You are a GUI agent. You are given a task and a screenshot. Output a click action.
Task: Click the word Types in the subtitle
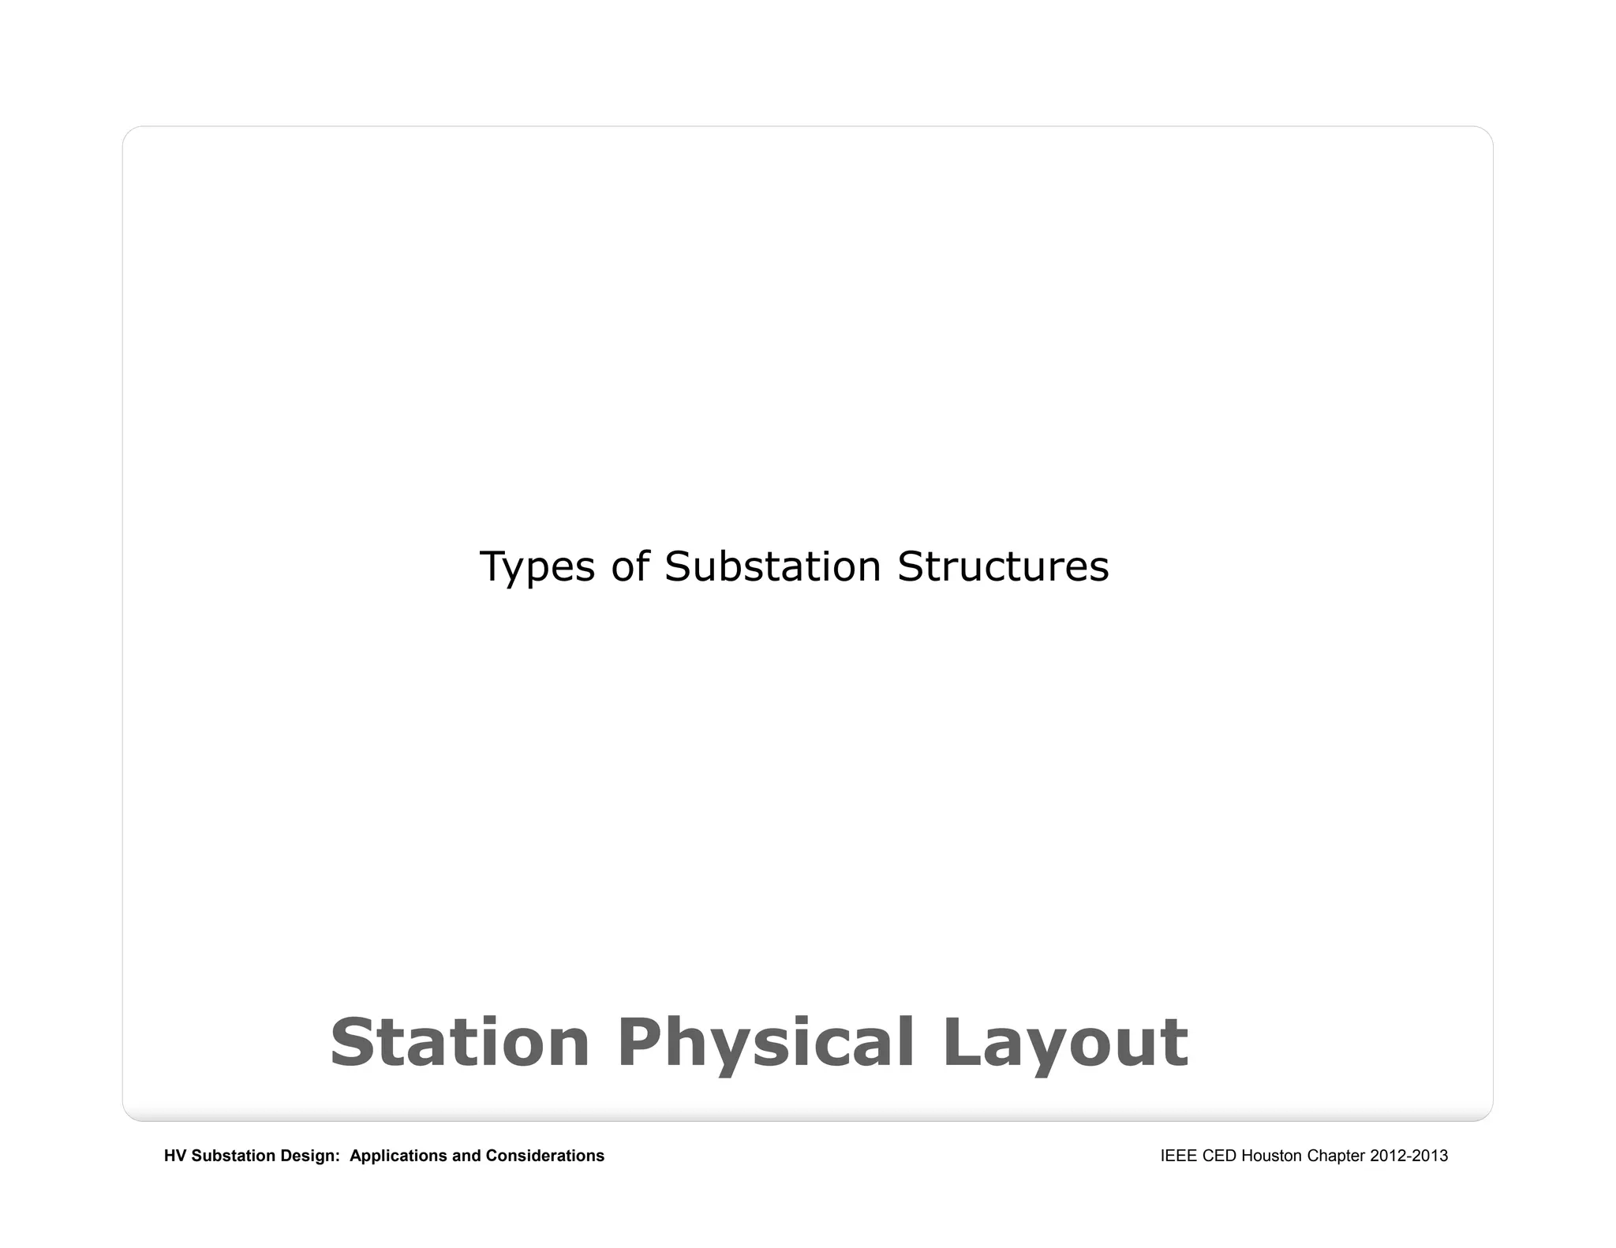(537, 567)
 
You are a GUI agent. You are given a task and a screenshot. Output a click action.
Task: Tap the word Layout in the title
(1065, 1044)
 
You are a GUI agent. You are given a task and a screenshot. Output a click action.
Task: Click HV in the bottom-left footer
(175, 1156)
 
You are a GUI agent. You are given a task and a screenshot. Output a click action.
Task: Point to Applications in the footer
(398, 1156)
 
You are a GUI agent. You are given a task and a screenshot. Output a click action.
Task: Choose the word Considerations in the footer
(545, 1156)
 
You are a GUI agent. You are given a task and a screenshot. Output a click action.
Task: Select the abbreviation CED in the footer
(1220, 1156)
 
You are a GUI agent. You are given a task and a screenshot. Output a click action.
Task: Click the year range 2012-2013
(1409, 1156)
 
